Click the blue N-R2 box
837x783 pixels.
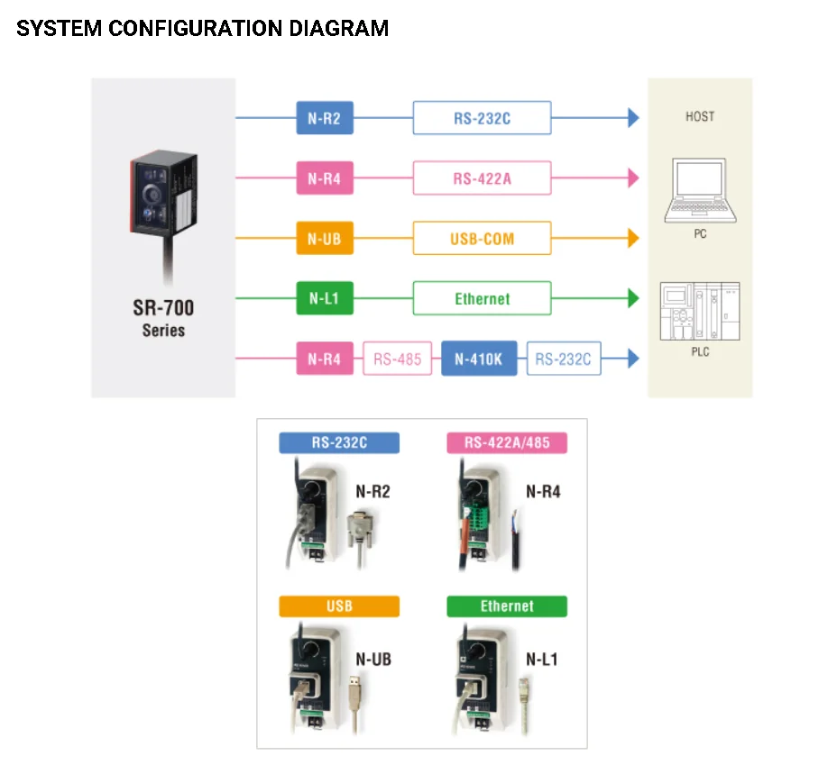(x=325, y=118)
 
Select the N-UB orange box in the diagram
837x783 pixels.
(x=325, y=239)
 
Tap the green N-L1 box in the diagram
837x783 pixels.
(x=325, y=298)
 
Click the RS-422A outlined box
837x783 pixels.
(x=482, y=178)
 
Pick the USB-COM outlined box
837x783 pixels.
(x=482, y=239)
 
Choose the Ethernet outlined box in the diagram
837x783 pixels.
(x=482, y=298)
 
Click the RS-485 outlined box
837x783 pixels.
(x=397, y=359)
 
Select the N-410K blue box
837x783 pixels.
(x=479, y=359)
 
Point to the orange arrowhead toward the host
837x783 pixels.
(x=633, y=239)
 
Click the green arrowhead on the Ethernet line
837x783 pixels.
(x=633, y=298)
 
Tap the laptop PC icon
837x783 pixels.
(x=700, y=191)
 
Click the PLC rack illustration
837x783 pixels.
(x=700, y=312)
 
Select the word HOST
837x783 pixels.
(x=700, y=116)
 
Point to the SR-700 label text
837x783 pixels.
(x=163, y=308)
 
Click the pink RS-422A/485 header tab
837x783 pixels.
(x=507, y=442)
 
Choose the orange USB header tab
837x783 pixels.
(x=339, y=606)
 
